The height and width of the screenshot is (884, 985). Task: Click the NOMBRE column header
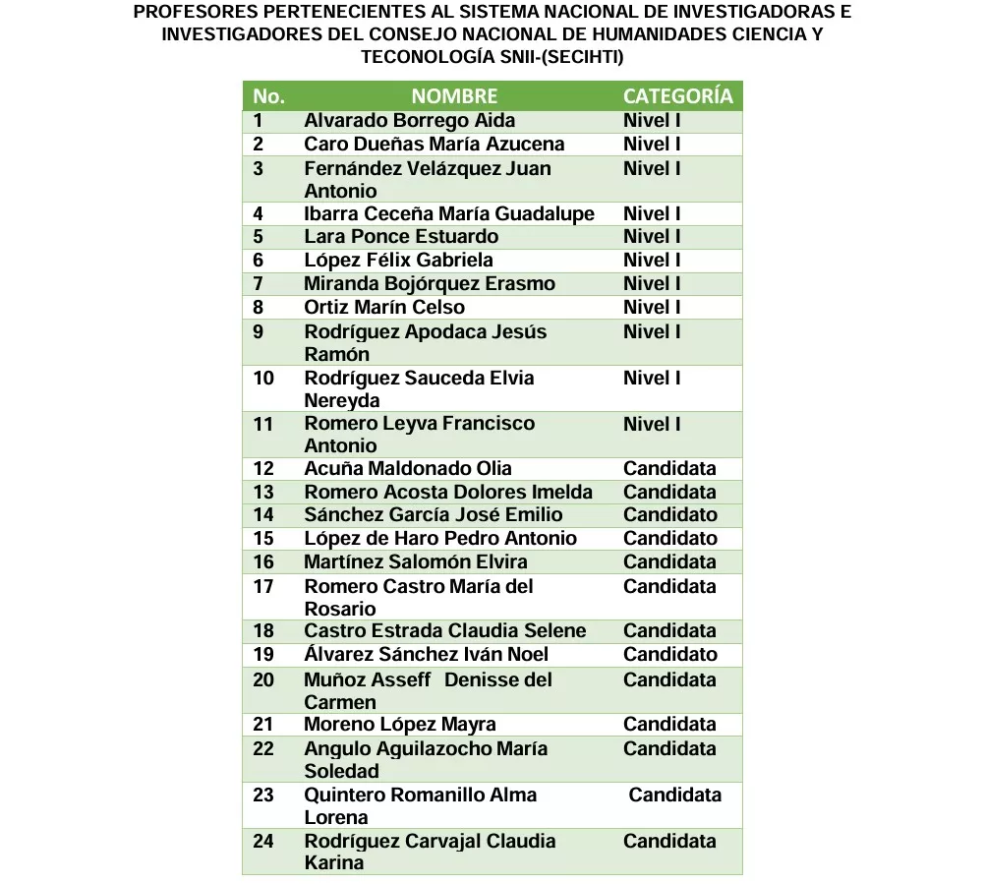pyautogui.click(x=454, y=96)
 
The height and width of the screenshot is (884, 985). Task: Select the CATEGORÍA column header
pyautogui.click(x=677, y=96)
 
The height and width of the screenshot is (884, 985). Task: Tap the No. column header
pyautogui.click(x=268, y=96)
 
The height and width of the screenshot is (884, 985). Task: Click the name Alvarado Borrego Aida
pyautogui.click(x=409, y=121)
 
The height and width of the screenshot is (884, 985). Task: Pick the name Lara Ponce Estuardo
pyautogui.click(x=401, y=237)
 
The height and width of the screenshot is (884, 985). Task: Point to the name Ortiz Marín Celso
pyautogui.click(x=384, y=307)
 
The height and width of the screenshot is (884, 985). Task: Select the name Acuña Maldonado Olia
pyautogui.click(x=408, y=468)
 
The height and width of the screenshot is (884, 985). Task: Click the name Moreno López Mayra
pyautogui.click(x=399, y=725)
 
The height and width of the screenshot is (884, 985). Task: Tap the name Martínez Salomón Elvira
pyautogui.click(x=415, y=561)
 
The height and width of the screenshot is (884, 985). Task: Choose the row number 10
pyautogui.click(x=263, y=379)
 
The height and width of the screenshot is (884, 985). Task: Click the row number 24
pyautogui.click(x=263, y=842)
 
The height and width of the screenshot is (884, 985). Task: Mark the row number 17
pyautogui.click(x=263, y=587)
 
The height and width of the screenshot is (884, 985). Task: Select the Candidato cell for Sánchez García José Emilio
pyautogui.click(x=669, y=514)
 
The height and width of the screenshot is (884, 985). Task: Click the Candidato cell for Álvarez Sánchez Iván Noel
pyautogui.click(x=669, y=655)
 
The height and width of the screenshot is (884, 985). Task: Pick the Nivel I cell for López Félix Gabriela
pyautogui.click(x=652, y=261)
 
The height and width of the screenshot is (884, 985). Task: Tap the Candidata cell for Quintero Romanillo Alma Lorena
pyautogui.click(x=674, y=795)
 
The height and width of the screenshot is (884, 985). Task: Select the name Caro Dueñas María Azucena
pyautogui.click(x=434, y=145)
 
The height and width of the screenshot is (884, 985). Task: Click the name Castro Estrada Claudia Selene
pyautogui.click(x=444, y=631)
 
